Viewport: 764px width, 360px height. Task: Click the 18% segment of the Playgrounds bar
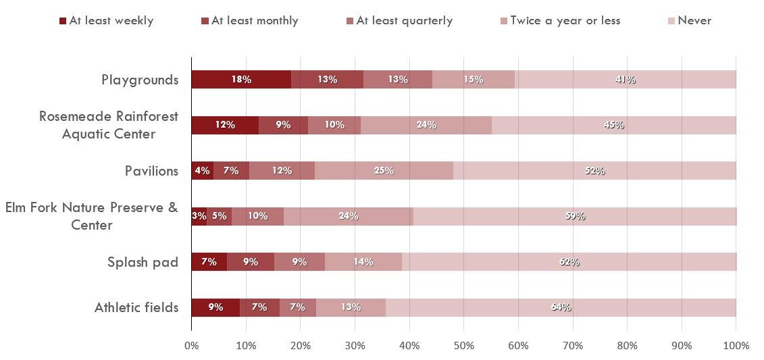(x=241, y=80)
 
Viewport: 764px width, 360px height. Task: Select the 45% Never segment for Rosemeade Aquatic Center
(x=613, y=125)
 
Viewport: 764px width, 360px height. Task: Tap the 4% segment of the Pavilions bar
(x=202, y=171)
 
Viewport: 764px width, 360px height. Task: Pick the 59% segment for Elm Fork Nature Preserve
(x=574, y=216)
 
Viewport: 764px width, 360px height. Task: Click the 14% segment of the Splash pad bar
(x=363, y=262)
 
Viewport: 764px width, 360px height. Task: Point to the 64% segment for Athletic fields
(x=561, y=307)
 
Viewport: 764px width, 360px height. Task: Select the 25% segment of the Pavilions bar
(x=384, y=171)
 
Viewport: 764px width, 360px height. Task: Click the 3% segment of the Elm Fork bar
(x=199, y=216)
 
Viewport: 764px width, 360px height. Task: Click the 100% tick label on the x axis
(x=736, y=346)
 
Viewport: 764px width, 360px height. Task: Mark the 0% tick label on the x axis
(x=191, y=346)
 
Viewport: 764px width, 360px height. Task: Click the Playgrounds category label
(x=140, y=80)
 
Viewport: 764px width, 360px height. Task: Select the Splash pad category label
(x=143, y=262)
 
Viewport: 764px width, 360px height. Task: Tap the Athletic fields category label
(x=136, y=308)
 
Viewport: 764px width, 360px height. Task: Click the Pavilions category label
(x=151, y=171)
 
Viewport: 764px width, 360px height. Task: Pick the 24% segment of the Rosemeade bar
(x=426, y=125)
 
